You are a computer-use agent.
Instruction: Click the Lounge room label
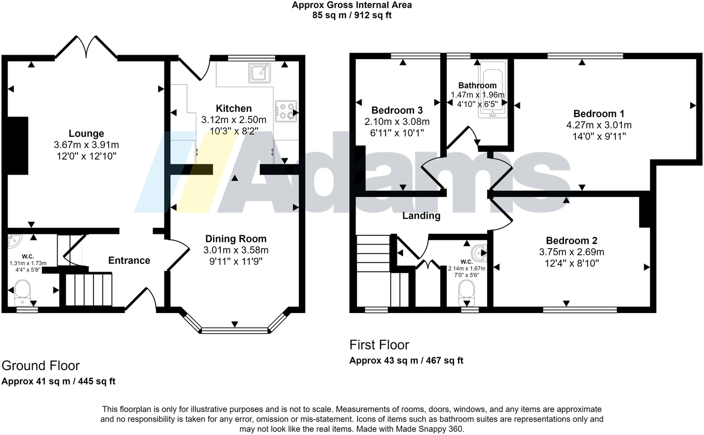(x=86, y=134)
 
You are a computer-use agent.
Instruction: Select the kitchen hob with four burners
(x=286, y=111)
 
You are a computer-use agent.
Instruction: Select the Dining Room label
(x=236, y=239)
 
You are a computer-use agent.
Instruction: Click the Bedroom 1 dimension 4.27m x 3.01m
(x=599, y=125)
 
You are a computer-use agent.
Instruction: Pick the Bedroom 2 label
(x=571, y=240)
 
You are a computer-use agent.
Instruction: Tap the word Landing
(x=421, y=216)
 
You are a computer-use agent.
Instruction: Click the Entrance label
(x=129, y=260)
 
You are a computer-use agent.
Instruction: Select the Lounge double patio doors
(x=87, y=47)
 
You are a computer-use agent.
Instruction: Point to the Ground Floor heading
(x=41, y=366)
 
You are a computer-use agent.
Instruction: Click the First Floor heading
(x=379, y=345)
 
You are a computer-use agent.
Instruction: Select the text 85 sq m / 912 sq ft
(x=351, y=15)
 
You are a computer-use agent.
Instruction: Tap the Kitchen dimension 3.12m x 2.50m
(x=234, y=120)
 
